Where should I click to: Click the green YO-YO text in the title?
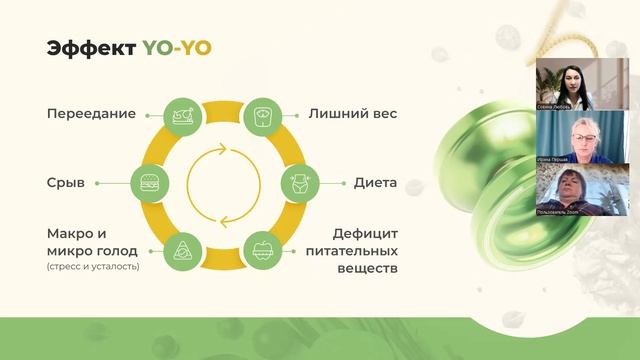177,49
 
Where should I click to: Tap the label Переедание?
90,114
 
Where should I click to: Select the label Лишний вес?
352,114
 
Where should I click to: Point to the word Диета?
375,183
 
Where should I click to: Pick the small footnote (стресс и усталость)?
92,266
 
